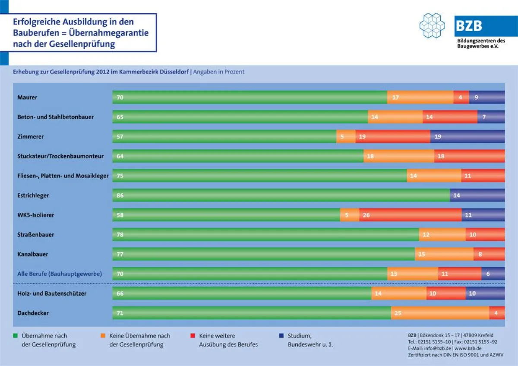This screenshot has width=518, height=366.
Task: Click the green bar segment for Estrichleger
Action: [x=281, y=196]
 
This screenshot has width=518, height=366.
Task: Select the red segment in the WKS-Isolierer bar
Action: [x=410, y=215]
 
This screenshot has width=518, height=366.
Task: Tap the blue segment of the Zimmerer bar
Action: [x=467, y=137]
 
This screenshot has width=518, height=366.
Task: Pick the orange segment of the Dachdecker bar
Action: [x=440, y=313]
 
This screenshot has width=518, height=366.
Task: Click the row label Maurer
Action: [x=27, y=98]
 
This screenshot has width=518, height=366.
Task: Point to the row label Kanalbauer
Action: [x=33, y=254]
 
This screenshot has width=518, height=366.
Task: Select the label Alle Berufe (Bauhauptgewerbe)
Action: [x=60, y=274]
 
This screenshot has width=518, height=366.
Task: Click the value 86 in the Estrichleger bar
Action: [x=120, y=196]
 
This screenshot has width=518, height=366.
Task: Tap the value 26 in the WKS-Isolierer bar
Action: [x=366, y=215]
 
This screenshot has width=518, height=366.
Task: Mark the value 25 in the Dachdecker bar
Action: [x=398, y=313]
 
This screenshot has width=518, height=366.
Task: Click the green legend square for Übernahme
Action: [x=16, y=335]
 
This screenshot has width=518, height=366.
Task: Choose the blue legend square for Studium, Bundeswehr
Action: [x=281, y=335]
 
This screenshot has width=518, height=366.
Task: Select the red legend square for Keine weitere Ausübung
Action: [x=193, y=335]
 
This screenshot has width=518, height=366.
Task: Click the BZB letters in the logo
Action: [x=469, y=26]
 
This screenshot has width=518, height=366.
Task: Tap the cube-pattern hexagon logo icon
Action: [x=432, y=25]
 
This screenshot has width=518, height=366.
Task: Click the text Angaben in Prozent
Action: [x=218, y=72]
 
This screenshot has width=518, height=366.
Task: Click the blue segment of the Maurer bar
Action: [x=486, y=98]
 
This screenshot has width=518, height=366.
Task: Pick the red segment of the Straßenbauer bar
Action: [x=485, y=235]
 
